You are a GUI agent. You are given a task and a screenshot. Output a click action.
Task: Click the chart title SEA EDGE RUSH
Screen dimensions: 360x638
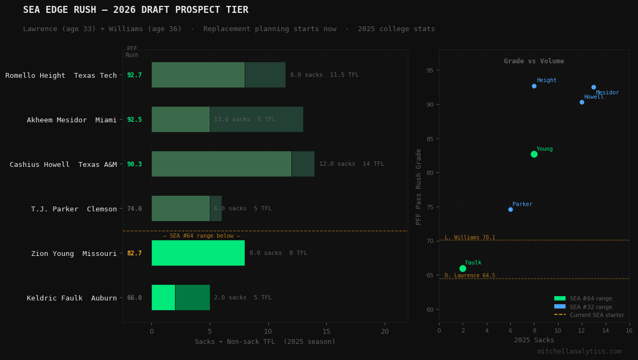pyautogui.click(x=135, y=10)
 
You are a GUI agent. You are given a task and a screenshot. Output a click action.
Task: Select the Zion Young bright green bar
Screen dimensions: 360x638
pyautogui.click(x=197, y=253)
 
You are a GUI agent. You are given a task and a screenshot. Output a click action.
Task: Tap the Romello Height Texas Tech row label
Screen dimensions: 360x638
pyautogui.click(x=61, y=76)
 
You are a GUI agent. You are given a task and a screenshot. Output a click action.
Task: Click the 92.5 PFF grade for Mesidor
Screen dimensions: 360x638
pyautogui.click(x=134, y=120)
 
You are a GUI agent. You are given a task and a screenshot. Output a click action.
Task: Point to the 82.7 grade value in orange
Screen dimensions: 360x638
pyautogui.click(x=134, y=253)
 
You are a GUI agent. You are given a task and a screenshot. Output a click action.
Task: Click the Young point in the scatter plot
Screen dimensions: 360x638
pyautogui.click(x=534, y=154)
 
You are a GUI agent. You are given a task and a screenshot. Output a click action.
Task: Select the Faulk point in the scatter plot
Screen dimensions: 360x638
pyautogui.click(x=463, y=268)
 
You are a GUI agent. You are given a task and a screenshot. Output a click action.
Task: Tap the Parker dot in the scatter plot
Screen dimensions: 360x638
pyautogui.click(x=510, y=209)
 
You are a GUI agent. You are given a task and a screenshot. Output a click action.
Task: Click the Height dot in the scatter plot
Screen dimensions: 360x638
pyautogui.click(x=534, y=86)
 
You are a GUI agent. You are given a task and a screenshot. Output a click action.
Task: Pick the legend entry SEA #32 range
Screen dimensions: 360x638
pyautogui.click(x=590, y=307)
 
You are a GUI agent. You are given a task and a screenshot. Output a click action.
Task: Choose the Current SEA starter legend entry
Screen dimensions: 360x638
pyautogui.click(x=596, y=315)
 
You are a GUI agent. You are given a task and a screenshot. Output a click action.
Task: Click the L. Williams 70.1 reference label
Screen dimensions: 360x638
pyautogui.click(x=470, y=237)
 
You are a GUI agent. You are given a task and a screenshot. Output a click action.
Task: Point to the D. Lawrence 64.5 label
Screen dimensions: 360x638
pyautogui.click(x=470, y=276)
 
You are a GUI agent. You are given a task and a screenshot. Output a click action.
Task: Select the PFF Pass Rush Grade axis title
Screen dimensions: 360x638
pyautogui.click(x=419, y=186)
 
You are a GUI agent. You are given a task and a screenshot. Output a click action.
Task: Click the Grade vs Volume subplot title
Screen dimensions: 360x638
pyautogui.click(x=533, y=61)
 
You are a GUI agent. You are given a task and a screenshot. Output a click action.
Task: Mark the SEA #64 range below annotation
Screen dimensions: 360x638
pyautogui.click(x=201, y=236)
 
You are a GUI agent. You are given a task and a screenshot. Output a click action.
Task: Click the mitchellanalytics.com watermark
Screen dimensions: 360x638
pyautogui.click(x=579, y=351)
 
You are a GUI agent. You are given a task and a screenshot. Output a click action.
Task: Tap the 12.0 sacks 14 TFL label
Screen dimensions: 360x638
pyautogui.click(x=351, y=164)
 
